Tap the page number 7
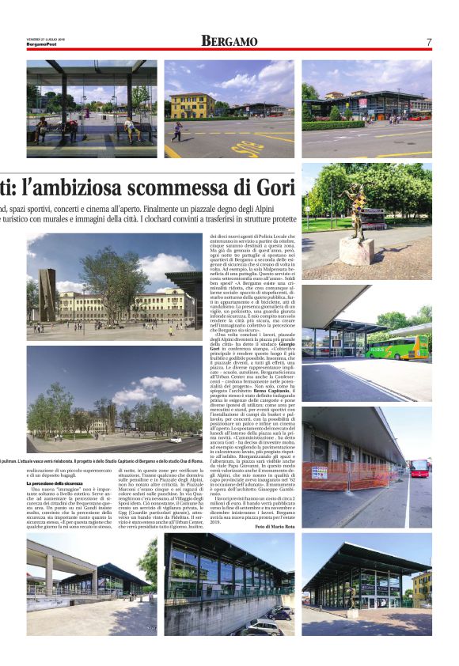[x=428, y=41]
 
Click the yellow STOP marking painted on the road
[x=248, y=148]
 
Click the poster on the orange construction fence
[x=320, y=471]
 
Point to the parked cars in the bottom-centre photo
[x=261, y=625]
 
